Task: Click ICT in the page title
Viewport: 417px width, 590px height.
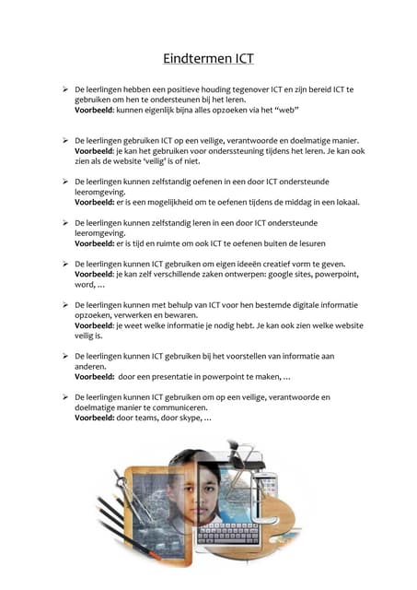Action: pos(240,59)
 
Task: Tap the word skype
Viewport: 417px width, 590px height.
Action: pos(190,418)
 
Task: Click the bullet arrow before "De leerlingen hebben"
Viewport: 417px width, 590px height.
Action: pos(65,88)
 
